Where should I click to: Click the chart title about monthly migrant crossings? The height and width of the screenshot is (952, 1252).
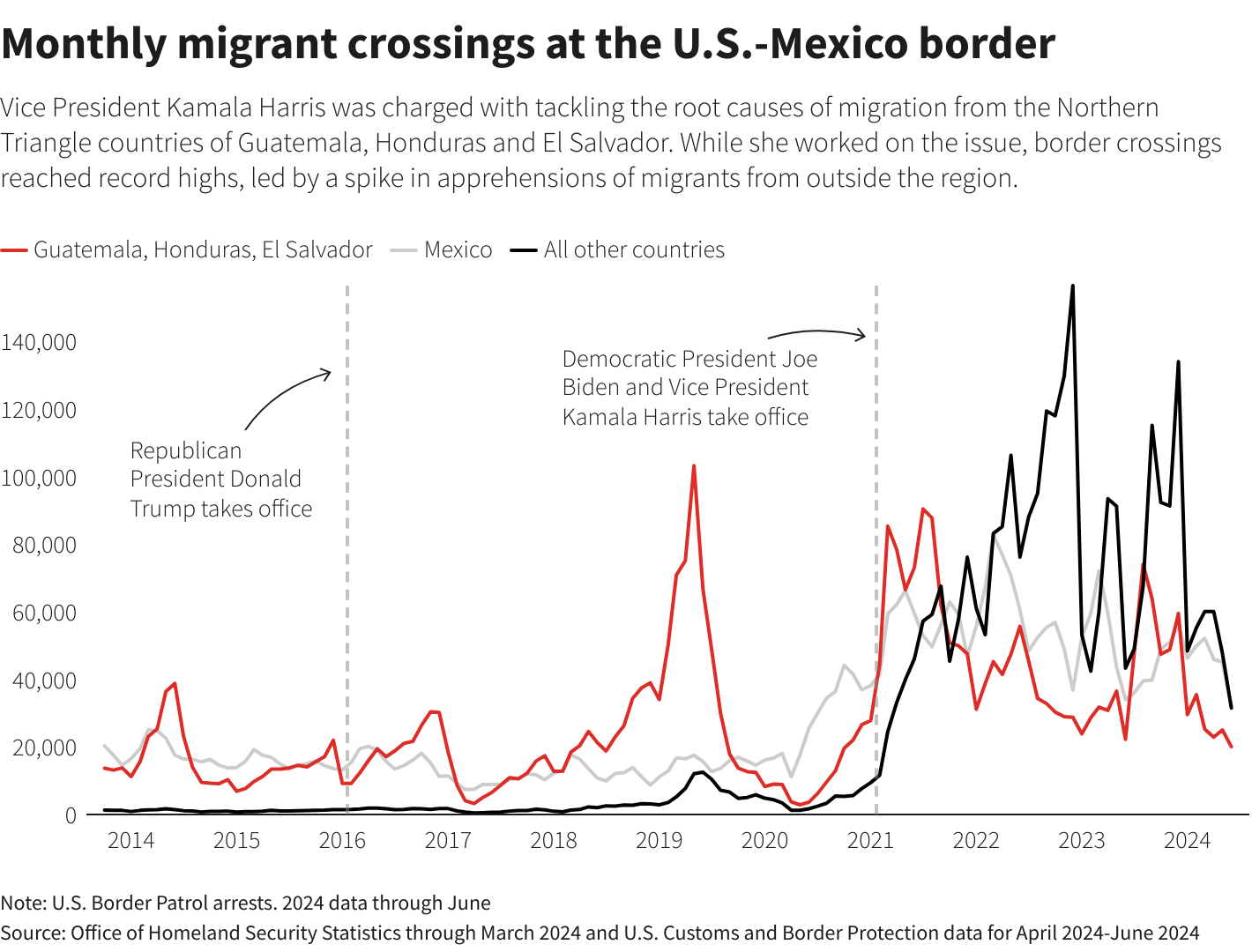point(527,44)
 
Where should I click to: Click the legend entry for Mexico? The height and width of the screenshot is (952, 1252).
point(458,250)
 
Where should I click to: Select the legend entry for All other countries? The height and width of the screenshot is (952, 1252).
point(634,250)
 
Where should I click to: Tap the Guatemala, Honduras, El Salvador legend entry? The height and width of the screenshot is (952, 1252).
point(203,250)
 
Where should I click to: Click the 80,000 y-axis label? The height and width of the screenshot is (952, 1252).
point(44,545)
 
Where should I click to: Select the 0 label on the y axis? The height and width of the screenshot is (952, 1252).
point(71,815)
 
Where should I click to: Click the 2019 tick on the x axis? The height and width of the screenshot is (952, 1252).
point(660,840)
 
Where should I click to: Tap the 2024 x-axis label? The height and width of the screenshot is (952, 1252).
point(1187,840)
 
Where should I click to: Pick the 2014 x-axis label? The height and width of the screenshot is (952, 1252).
point(130,840)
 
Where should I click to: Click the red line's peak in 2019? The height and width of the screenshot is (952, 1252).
point(694,466)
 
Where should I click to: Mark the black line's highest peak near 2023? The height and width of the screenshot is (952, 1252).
point(1072,286)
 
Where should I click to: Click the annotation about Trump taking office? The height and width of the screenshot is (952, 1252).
point(220,480)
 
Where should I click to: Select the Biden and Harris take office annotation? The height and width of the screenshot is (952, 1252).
point(689,388)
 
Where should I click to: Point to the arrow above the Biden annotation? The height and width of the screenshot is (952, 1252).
point(816,333)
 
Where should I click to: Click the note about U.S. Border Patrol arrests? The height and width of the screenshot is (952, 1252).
point(245,903)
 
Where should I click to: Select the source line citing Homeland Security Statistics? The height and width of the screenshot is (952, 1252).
point(600,933)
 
